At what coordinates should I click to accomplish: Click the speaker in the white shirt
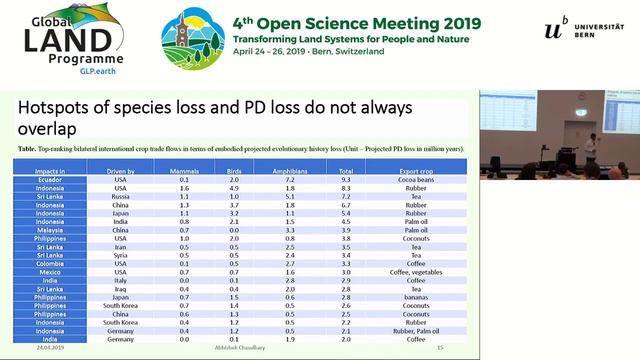(x=590, y=149)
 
